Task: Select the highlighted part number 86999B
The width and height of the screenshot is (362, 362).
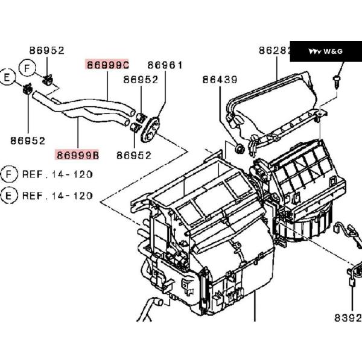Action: click(78, 155)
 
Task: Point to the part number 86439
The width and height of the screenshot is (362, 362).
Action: click(220, 79)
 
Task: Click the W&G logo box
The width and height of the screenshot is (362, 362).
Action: click(326, 51)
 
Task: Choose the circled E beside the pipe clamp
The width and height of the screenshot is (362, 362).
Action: click(8, 77)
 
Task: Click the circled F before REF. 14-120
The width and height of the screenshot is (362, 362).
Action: click(8, 175)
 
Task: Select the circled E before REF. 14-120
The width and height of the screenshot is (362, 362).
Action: click(8, 195)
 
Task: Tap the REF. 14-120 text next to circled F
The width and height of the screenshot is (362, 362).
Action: click(57, 175)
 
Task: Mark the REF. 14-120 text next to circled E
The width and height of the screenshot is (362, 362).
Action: click(57, 195)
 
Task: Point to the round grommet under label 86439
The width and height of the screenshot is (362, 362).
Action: click(238, 147)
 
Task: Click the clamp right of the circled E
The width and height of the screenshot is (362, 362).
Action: click(26, 91)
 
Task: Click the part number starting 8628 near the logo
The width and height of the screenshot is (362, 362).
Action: click(275, 51)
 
